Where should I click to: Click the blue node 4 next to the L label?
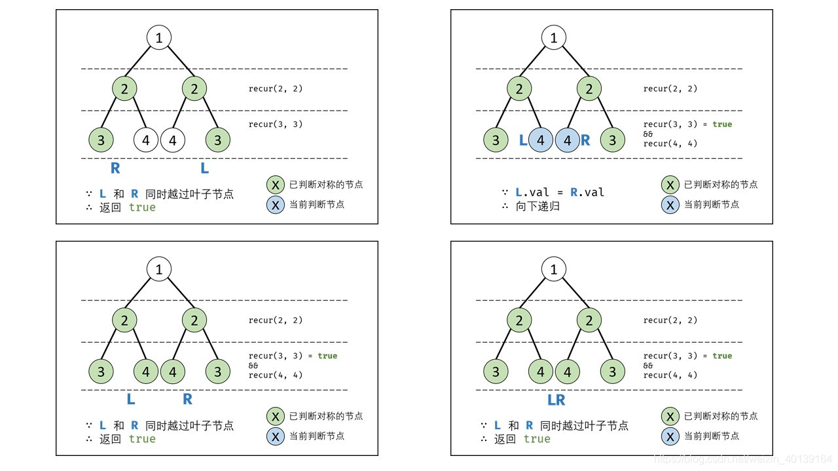pos(541,140)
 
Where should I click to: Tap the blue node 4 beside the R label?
pos(567,140)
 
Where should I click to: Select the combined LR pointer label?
pos(556,400)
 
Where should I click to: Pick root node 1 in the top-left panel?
pos(159,37)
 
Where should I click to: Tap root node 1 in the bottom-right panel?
pos(554,269)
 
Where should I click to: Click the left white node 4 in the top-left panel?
pos(146,140)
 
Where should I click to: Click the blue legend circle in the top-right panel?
pos(670,205)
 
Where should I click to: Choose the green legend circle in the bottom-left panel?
pos(275,416)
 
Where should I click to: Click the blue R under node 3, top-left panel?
pos(115,168)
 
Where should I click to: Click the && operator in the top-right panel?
pos(648,134)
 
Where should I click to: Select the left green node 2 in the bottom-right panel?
pos(519,321)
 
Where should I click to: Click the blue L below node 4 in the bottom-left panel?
pos(131,399)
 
